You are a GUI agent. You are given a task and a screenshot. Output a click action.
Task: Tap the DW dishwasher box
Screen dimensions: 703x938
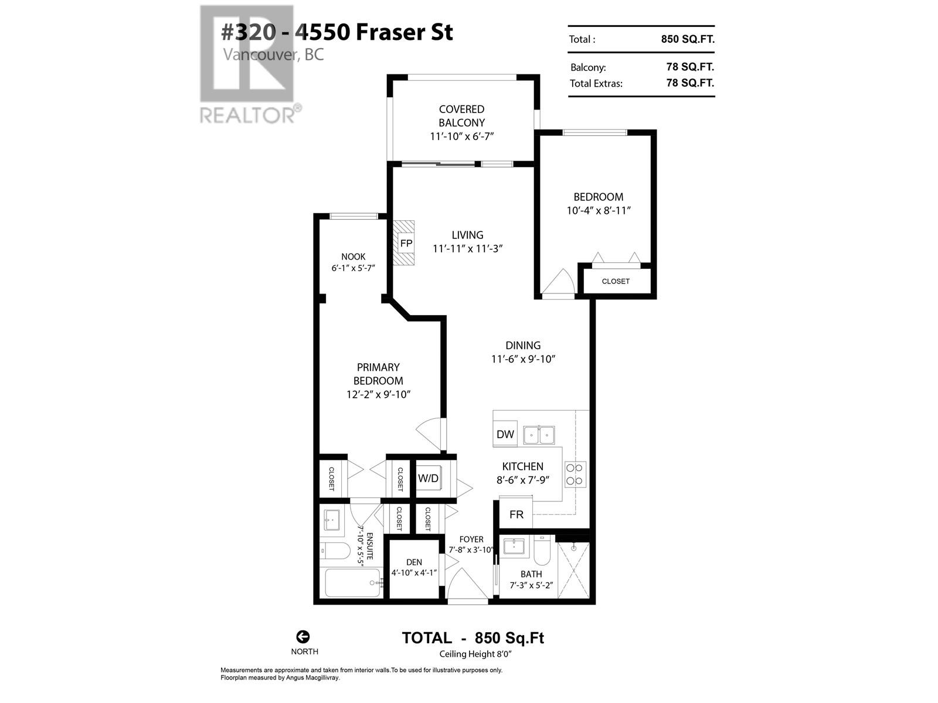click(x=505, y=434)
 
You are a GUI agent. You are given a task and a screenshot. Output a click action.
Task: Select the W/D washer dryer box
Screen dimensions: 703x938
click(x=429, y=478)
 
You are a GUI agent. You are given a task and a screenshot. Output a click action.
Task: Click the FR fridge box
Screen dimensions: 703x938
click(x=516, y=514)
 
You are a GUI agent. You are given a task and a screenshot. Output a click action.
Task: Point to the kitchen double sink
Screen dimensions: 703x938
click(x=539, y=435)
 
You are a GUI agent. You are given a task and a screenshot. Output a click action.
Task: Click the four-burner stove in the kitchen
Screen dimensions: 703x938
click(x=575, y=474)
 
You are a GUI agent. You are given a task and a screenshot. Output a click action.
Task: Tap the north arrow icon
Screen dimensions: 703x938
click(x=303, y=637)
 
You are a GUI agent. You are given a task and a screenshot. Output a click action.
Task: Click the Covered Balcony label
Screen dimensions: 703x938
click(x=462, y=116)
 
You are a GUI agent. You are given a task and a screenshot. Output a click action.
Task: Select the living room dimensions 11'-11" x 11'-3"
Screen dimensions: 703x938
click(x=468, y=248)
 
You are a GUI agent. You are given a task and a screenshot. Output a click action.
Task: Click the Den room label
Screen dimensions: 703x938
click(x=414, y=562)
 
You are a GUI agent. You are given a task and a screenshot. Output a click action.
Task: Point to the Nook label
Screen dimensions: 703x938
click(x=354, y=257)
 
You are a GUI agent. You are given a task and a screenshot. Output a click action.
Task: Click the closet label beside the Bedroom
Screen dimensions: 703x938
click(x=616, y=281)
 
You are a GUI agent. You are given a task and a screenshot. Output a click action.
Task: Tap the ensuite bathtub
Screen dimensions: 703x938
click(x=352, y=582)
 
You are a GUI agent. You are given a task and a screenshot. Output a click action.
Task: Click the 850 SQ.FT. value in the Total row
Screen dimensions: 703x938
click(x=688, y=39)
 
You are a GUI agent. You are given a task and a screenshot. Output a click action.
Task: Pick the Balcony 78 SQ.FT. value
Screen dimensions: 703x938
click(x=690, y=67)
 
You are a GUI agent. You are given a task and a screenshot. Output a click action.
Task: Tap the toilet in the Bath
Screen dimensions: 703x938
click(x=541, y=550)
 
